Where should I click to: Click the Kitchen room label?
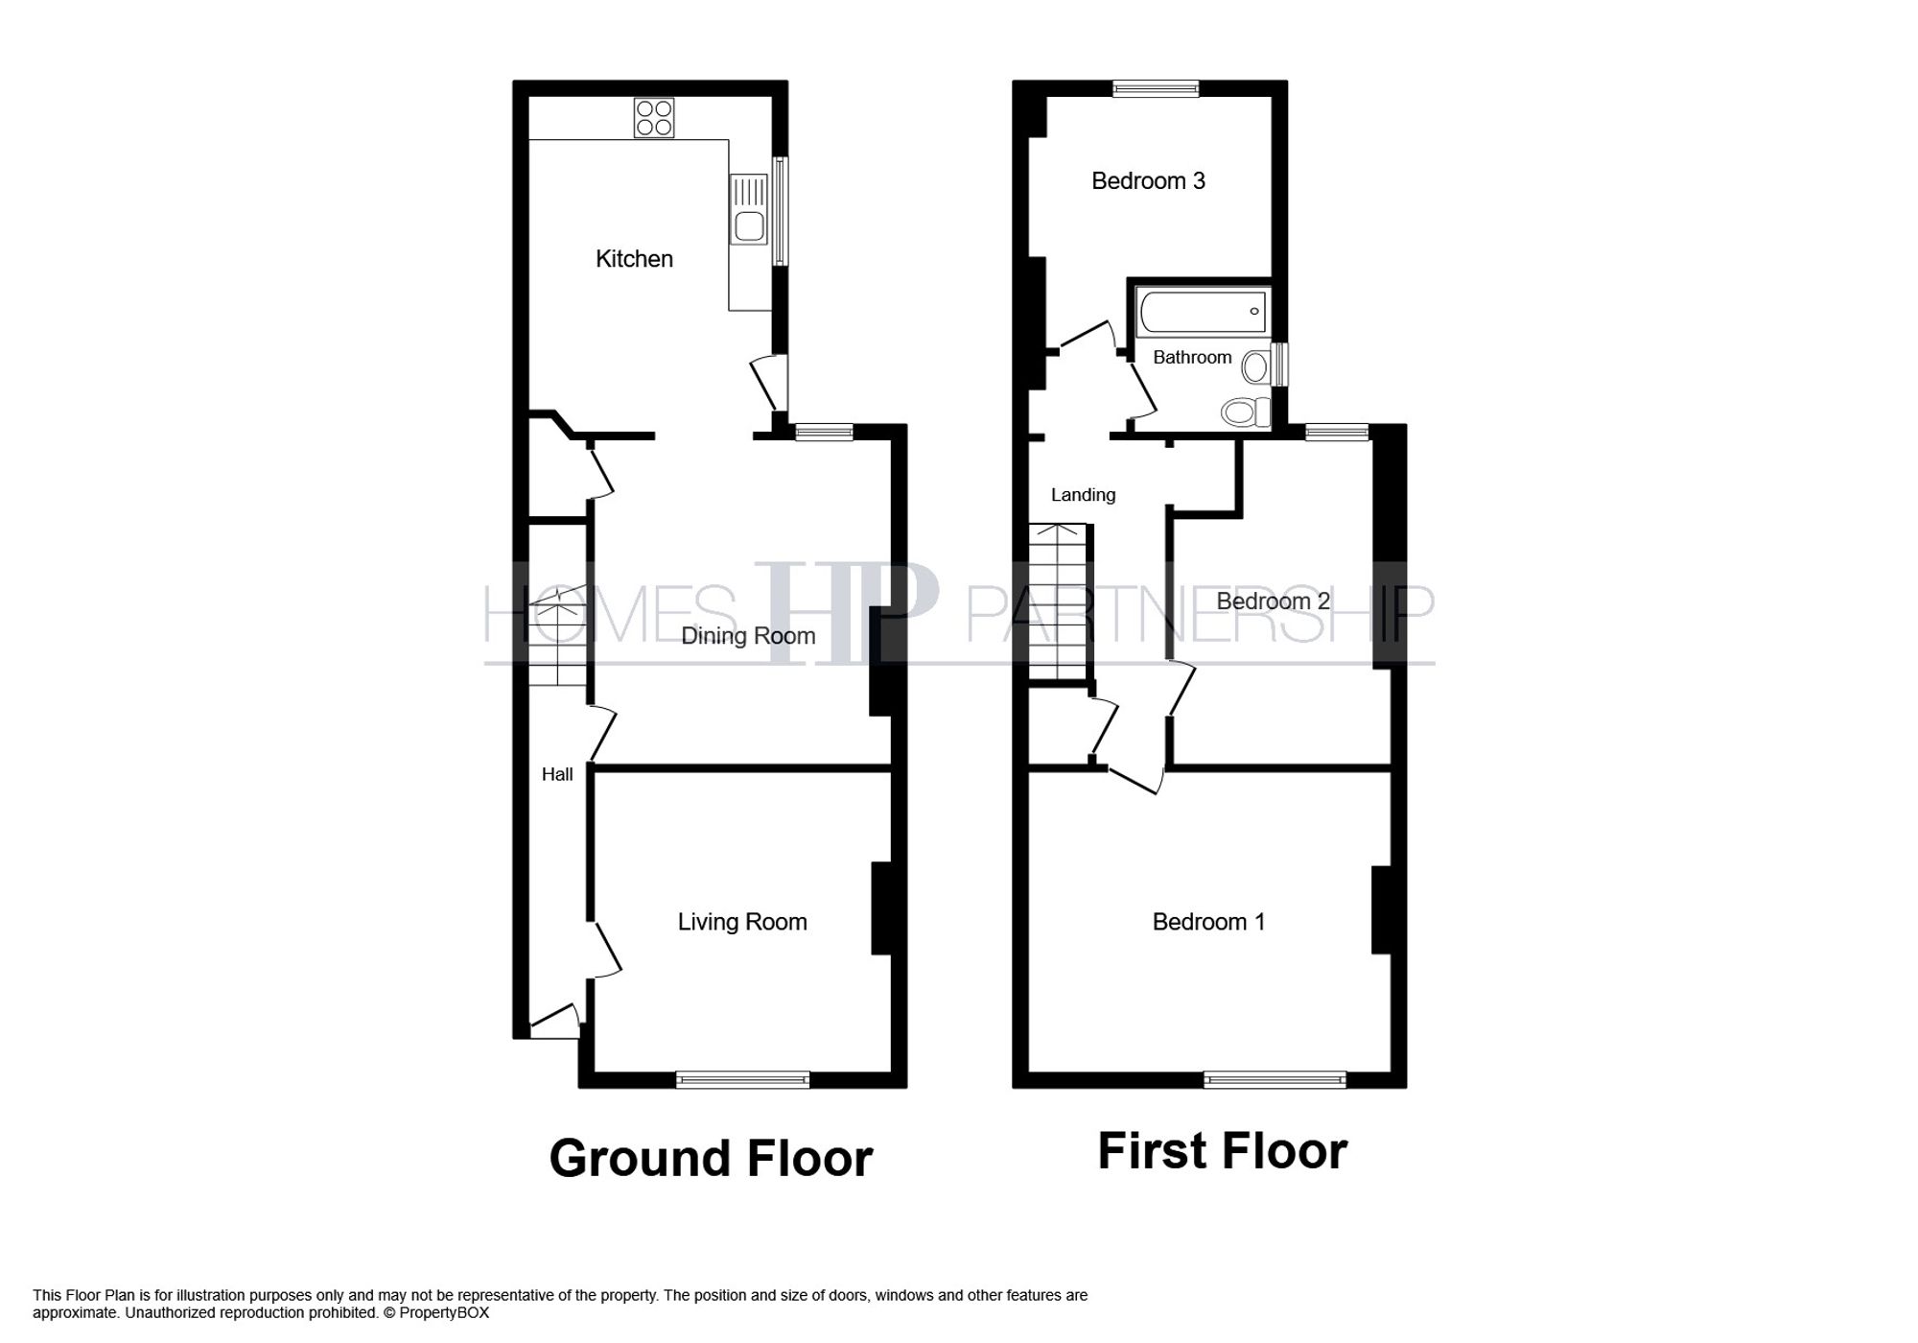634,259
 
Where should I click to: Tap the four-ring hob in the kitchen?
654,118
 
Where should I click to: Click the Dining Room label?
748,636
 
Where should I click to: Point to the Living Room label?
742,922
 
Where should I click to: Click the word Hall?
557,774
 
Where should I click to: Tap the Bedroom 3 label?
1148,181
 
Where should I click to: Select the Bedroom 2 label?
1273,601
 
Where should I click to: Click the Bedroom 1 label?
1208,922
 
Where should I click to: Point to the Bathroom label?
1192,358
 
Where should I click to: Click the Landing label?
1083,495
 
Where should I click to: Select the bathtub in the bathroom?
1203,312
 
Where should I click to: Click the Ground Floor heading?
711,1158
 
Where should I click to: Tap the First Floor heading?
1222,1151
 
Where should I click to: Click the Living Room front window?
742,1080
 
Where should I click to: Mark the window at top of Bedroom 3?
1156,88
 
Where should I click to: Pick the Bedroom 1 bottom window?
1275,1080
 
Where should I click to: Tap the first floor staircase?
1058,601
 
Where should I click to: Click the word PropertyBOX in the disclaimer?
444,1312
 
